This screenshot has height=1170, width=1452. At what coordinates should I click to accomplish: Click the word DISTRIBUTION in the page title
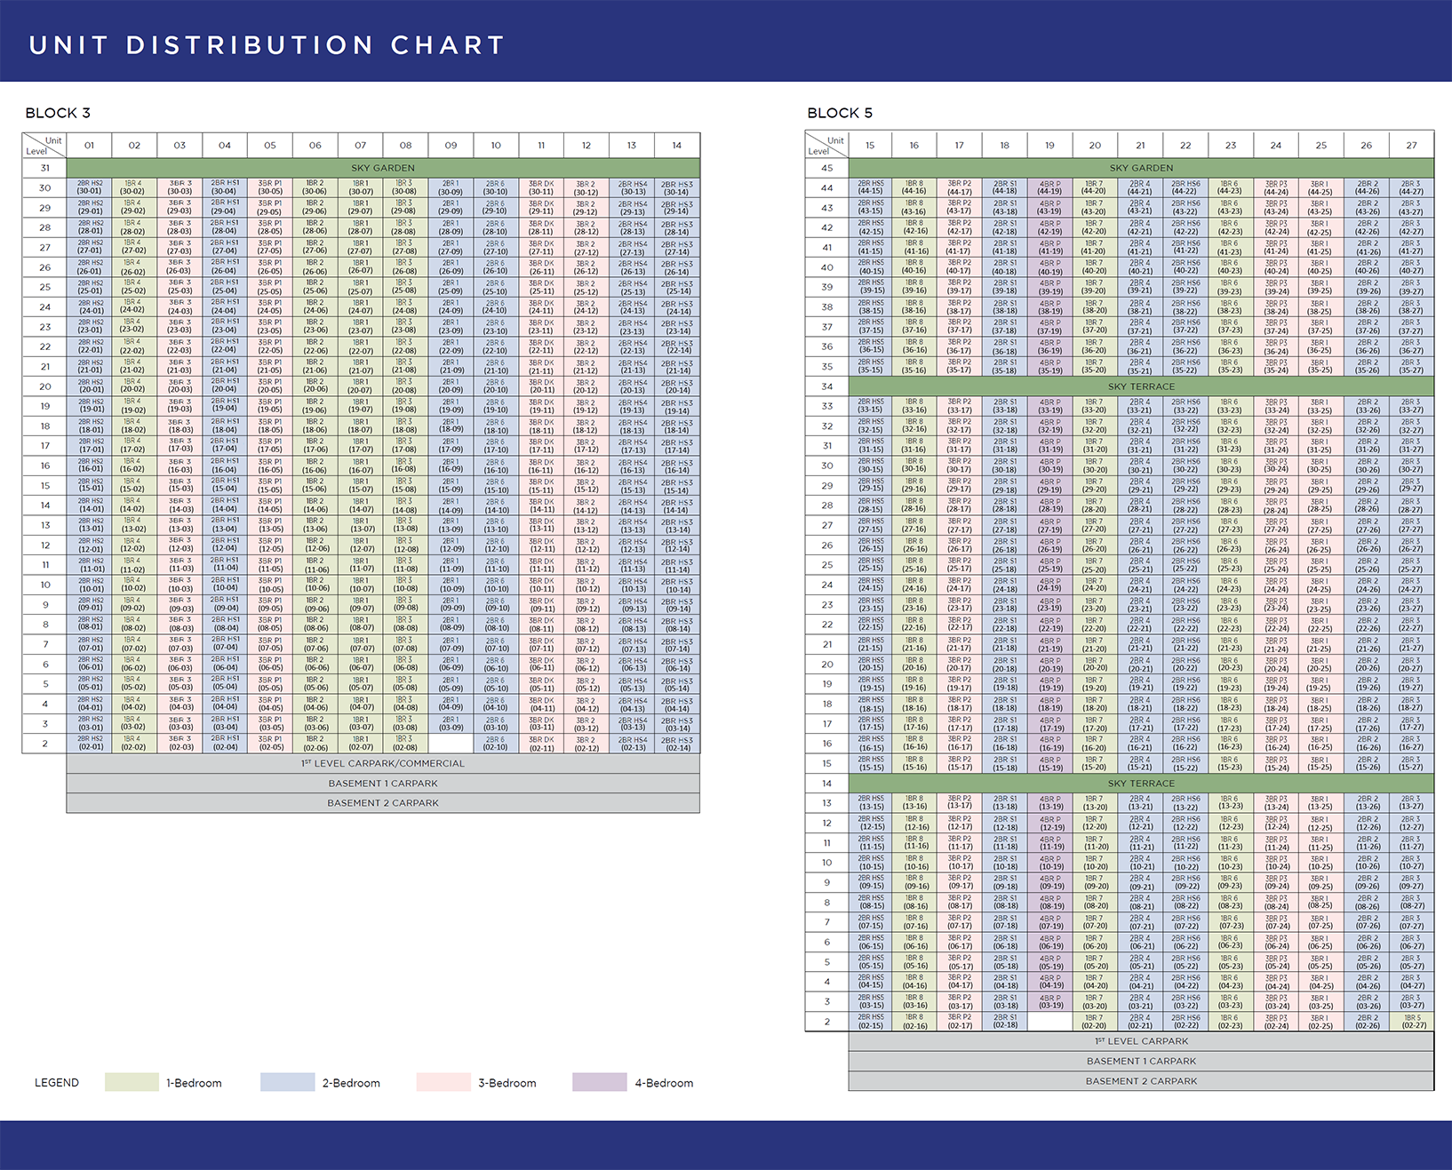coord(250,45)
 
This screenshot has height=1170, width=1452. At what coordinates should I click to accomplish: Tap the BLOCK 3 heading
coord(58,113)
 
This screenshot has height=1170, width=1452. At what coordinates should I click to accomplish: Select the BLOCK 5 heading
coord(840,113)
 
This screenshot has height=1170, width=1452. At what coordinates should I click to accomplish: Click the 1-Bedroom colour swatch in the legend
coord(132,1082)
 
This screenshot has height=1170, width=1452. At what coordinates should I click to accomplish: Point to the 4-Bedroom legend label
coord(664,1083)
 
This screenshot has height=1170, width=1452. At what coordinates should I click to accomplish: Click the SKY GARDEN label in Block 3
coord(383,168)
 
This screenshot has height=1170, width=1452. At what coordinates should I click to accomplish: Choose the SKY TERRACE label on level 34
coord(1141,386)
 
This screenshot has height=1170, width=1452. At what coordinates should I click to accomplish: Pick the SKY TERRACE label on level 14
coord(1141,784)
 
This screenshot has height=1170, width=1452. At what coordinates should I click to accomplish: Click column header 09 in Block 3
coord(451,146)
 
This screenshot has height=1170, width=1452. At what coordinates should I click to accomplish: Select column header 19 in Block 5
coord(1049,146)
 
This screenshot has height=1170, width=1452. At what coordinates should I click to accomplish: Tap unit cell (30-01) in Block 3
coord(90,187)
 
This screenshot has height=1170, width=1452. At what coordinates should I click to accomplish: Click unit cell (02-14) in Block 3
coord(677,744)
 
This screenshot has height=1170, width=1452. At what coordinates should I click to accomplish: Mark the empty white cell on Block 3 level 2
coord(451,744)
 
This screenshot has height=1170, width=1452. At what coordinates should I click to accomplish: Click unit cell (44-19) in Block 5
coord(1049,187)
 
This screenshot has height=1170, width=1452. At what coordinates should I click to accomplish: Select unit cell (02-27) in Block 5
coord(1412,1022)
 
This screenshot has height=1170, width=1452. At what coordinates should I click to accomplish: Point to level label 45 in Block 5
coord(827,168)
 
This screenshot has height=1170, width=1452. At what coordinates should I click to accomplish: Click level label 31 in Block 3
coord(44,168)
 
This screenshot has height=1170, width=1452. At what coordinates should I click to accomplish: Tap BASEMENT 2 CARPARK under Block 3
coord(383,803)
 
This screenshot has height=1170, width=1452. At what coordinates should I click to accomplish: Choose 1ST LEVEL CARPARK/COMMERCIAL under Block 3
coord(383,763)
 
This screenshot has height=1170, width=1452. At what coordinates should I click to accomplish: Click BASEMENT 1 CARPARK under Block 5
coord(1141,1061)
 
